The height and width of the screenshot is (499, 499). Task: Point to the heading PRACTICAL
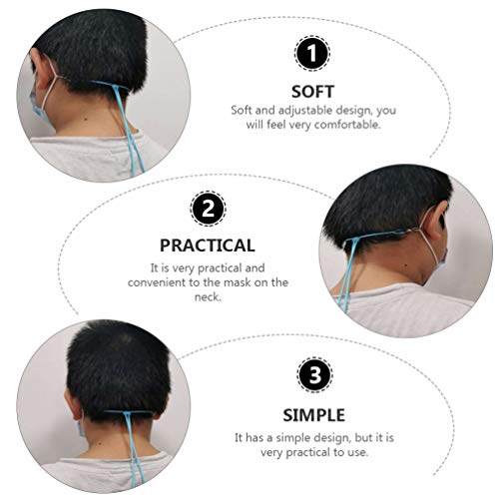207,245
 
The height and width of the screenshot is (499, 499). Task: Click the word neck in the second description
207,297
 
